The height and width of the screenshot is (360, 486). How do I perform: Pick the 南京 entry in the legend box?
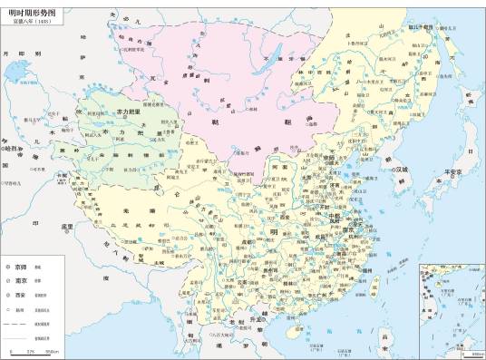(x=19, y=282)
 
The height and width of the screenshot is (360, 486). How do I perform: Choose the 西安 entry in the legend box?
(x=19, y=296)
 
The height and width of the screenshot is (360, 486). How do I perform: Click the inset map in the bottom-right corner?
(x=450, y=306)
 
